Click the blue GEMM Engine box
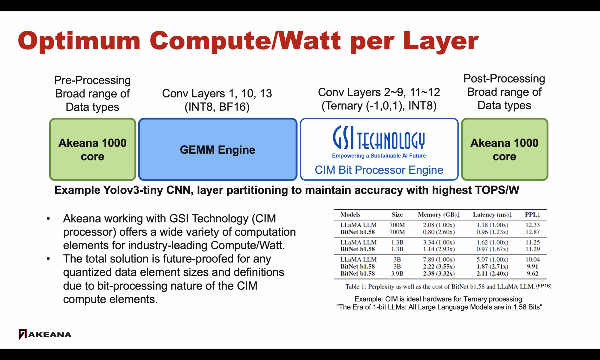(x=218, y=149)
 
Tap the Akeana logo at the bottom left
(x=45, y=334)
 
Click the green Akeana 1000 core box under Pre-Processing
(x=92, y=149)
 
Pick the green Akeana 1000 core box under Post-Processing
(x=505, y=149)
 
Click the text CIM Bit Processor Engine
(x=379, y=170)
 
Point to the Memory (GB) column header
(x=439, y=214)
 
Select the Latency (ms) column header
(x=492, y=214)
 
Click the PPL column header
(x=532, y=214)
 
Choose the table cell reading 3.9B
(x=397, y=273)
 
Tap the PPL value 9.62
(x=532, y=273)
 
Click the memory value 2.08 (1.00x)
(x=439, y=225)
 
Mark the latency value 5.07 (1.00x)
(x=492, y=259)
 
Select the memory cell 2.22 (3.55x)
(x=439, y=266)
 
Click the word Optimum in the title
(x=79, y=41)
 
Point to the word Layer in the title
(x=441, y=41)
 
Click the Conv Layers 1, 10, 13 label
(x=217, y=93)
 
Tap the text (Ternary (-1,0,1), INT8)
(x=379, y=106)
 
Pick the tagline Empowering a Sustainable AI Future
(x=379, y=156)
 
